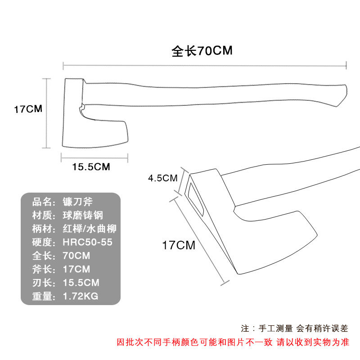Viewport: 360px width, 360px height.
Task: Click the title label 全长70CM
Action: (x=202, y=50)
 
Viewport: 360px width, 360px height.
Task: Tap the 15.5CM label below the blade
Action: (x=91, y=166)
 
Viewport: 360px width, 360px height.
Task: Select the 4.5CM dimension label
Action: (x=163, y=178)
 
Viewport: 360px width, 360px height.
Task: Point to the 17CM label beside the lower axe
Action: (x=179, y=245)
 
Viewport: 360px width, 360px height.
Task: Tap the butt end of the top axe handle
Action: (x=343, y=94)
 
